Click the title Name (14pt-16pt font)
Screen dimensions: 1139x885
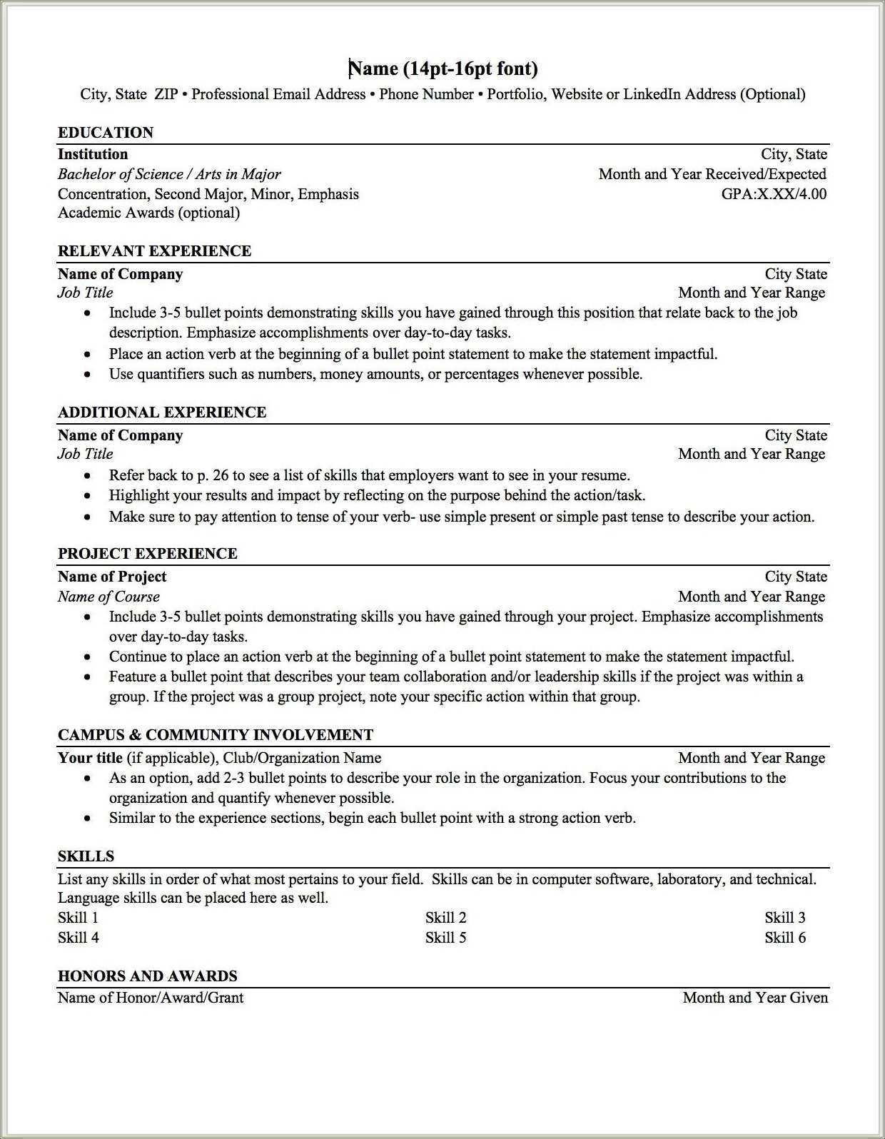click(442, 69)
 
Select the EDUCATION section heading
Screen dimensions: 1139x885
click(106, 133)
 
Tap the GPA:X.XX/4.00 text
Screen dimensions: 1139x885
click(774, 194)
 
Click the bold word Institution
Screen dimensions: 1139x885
click(93, 154)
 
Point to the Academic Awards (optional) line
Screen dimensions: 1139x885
click(148, 213)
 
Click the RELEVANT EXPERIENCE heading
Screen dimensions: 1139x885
click(154, 251)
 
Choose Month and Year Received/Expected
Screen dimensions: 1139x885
click(712, 174)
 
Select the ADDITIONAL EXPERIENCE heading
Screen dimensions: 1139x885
click(162, 412)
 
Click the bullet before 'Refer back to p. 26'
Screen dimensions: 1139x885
click(88, 476)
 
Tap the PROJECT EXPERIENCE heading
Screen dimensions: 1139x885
click(147, 554)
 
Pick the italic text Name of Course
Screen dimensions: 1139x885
click(108, 597)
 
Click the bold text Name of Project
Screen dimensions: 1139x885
click(112, 577)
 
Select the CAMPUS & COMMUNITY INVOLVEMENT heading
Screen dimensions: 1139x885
click(216, 735)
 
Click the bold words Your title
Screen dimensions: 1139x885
click(90, 758)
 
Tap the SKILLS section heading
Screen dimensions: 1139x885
click(86, 856)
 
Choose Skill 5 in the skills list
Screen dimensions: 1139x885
click(445, 938)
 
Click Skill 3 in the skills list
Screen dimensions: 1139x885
click(785, 918)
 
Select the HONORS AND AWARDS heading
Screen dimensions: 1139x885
click(147, 976)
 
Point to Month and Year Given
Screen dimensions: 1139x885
click(755, 998)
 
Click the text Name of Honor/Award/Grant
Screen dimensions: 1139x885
click(151, 998)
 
